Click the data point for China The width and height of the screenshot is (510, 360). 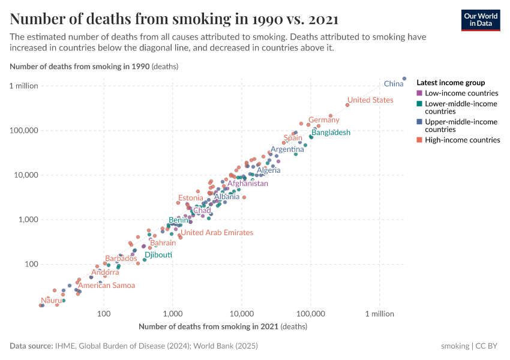(404, 79)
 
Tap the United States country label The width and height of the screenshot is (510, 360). (370, 100)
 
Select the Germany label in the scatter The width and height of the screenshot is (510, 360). (324, 120)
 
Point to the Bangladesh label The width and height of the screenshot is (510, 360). (331, 133)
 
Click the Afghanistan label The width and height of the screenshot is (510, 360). (248, 184)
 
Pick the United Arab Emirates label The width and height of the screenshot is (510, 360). (217, 233)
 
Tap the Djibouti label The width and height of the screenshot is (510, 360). (158, 255)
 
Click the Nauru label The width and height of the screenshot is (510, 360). (51, 300)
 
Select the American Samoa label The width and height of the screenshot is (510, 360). (107, 286)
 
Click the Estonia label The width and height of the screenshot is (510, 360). (191, 198)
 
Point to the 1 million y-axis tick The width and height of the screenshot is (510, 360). (24, 86)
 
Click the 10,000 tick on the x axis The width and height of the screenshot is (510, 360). (242, 314)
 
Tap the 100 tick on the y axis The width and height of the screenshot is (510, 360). (31, 264)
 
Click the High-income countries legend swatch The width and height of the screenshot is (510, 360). (419, 140)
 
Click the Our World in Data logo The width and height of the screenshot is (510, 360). (481, 20)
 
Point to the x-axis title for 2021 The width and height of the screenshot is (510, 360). (223, 327)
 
